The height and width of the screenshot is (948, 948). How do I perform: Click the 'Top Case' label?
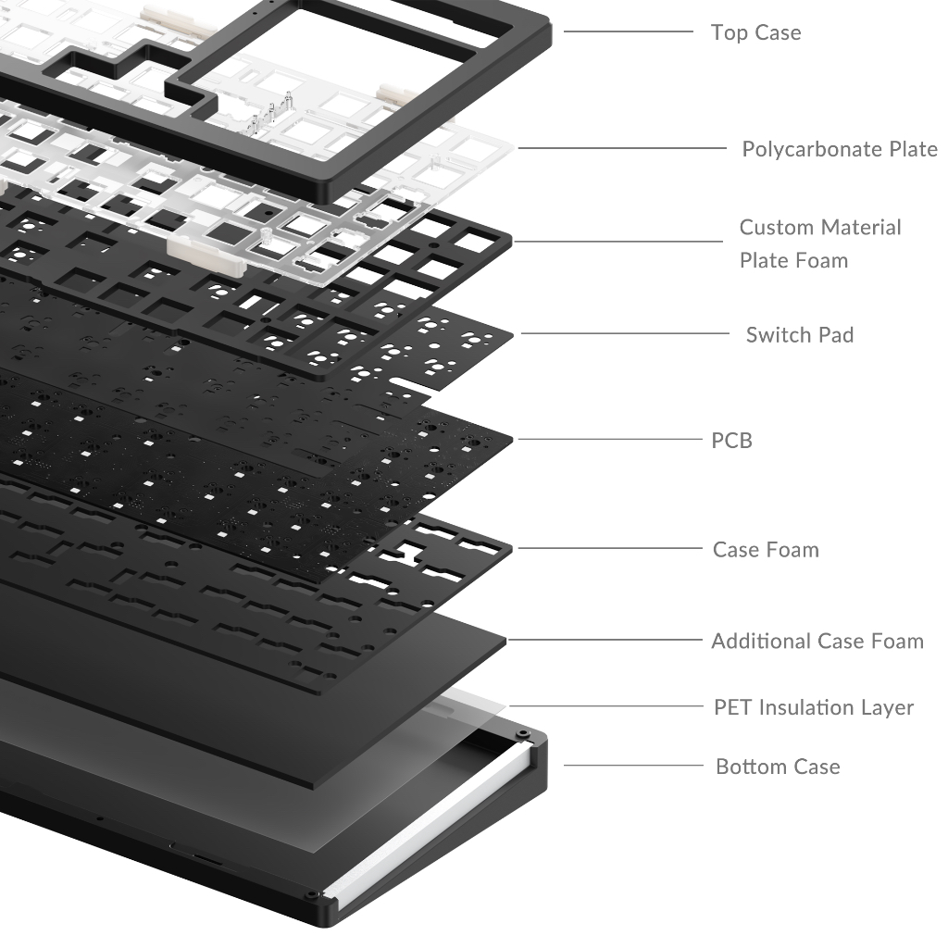(755, 32)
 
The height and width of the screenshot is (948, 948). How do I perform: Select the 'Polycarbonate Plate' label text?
(840, 149)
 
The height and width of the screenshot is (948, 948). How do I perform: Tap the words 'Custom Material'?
(820, 228)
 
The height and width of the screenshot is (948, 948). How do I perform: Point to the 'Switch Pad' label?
(800, 335)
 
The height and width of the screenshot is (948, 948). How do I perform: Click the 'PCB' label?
(731, 441)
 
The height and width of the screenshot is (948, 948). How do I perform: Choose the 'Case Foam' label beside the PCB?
(766, 550)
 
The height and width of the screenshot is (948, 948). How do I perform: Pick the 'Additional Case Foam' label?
(817, 641)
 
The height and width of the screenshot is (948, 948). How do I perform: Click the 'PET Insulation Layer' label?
(814, 707)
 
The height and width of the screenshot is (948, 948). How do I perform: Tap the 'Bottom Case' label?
(778, 767)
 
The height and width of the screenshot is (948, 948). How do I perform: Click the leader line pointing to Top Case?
(629, 31)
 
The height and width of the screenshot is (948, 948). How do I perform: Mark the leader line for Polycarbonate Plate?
(622, 148)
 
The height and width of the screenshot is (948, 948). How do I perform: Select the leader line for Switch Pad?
(625, 333)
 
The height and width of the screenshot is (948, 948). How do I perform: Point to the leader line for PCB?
(610, 440)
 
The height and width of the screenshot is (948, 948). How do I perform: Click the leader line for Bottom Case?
(633, 766)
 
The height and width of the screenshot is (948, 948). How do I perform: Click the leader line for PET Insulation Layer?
(605, 706)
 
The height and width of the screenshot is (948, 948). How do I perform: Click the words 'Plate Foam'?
(793, 260)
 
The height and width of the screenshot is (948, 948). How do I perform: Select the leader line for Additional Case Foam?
(605, 640)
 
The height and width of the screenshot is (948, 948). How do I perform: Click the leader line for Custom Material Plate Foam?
(617, 242)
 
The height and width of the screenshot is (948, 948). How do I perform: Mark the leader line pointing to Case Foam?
(610, 548)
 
